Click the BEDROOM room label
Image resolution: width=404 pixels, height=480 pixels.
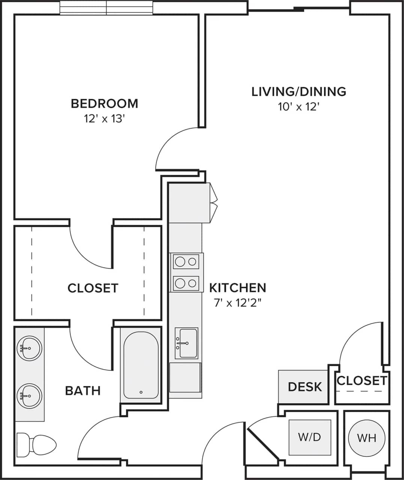(x=104, y=103)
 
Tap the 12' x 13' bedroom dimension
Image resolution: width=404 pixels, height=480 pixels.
(x=104, y=119)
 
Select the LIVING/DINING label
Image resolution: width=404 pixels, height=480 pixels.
(x=299, y=91)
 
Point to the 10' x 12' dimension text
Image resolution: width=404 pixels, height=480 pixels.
(x=299, y=107)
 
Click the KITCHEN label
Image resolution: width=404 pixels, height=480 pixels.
(x=237, y=288)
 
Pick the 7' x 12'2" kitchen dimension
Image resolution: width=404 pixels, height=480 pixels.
(x=237, y=303)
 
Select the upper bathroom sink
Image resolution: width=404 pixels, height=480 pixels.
(x=29, y=348)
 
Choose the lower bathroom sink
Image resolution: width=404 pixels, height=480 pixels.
(x=29, y=396)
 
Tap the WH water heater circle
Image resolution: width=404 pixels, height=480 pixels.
(x=366, y=438)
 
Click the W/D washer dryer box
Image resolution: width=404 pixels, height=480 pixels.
(x=309, y=437)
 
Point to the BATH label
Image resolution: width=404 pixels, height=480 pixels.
(x=83, y=390)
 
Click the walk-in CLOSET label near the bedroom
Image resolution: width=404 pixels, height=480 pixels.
(x=93, y=288)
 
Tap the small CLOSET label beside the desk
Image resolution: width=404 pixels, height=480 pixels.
(x=362, y=381)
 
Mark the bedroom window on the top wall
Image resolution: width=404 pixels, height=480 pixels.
(x=106, y=8)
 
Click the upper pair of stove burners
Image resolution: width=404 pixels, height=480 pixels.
(x=186, y=261)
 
